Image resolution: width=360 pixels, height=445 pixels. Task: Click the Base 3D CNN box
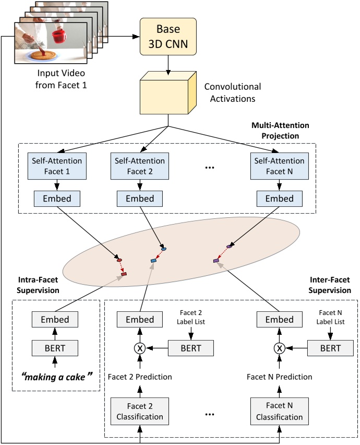(168, 37)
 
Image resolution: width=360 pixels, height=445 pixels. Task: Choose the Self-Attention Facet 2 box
(139, 166)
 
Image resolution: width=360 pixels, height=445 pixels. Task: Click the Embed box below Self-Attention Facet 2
(139, 198)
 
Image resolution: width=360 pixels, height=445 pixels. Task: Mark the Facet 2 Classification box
(139, 411)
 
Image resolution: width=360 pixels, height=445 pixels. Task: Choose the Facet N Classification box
(279, 411)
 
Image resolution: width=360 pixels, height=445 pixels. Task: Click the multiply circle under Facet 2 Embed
(139, 347)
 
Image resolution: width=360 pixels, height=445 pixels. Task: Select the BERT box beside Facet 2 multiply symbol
(191, 347)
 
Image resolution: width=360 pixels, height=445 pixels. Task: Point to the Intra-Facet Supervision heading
(37, 286)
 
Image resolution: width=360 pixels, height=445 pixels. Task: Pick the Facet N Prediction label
(279, 377)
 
